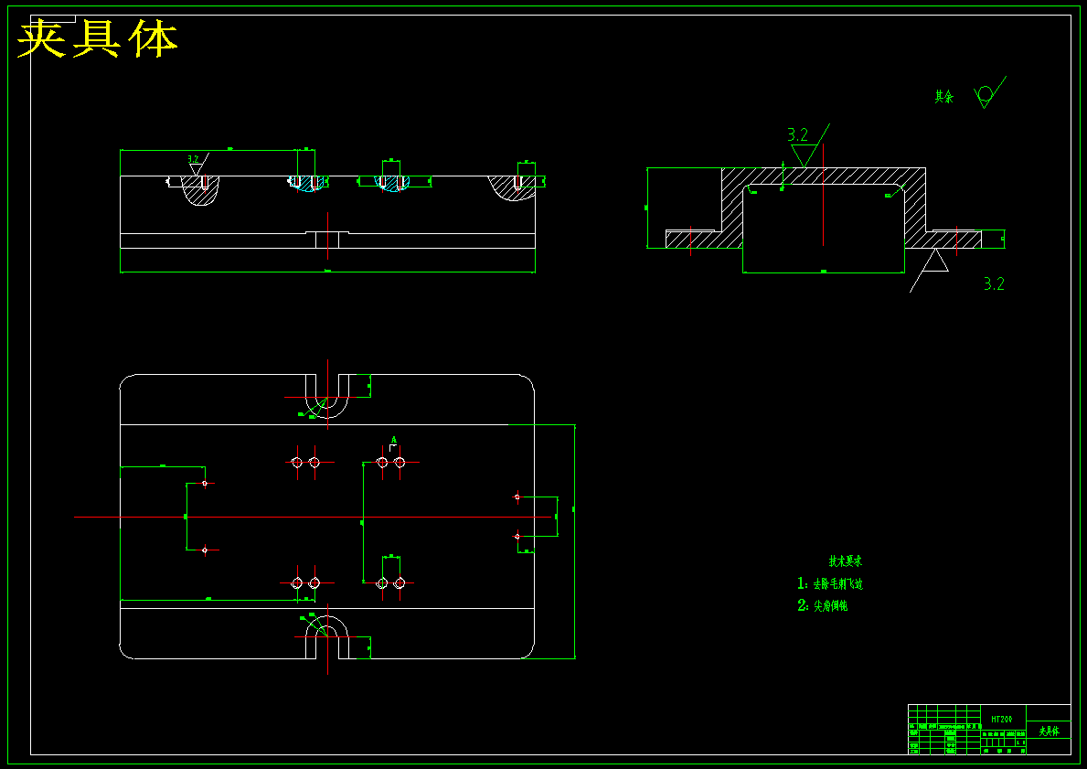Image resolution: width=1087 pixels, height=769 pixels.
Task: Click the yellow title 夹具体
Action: click(98, 39)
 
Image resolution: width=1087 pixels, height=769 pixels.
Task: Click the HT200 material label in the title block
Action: click(1002, 720)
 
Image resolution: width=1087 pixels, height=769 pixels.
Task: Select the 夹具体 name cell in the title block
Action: click(1048, 732)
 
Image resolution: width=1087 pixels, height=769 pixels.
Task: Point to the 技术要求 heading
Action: click(845, 561)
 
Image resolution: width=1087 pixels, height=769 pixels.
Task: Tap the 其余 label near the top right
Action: click(943, 96)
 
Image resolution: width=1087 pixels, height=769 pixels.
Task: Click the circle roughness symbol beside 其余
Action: click(985, 93)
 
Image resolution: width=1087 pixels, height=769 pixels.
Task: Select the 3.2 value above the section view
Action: click(797, 135)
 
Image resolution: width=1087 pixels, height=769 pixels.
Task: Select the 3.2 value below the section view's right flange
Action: click(994, 284)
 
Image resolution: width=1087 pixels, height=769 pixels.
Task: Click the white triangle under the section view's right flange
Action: click(934, 262)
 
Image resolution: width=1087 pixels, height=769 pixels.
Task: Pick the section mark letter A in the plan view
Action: click(394, 441)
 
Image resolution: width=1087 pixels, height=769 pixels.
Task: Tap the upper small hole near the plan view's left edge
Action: click(205, 483)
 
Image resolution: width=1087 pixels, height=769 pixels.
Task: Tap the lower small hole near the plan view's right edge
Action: click(517, 536)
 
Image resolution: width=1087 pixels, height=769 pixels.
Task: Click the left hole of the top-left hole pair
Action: click(296, 463)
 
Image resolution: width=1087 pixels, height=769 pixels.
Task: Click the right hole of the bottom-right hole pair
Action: click(400, 582)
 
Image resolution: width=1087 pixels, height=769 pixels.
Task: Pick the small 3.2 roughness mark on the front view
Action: click(194, 160)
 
